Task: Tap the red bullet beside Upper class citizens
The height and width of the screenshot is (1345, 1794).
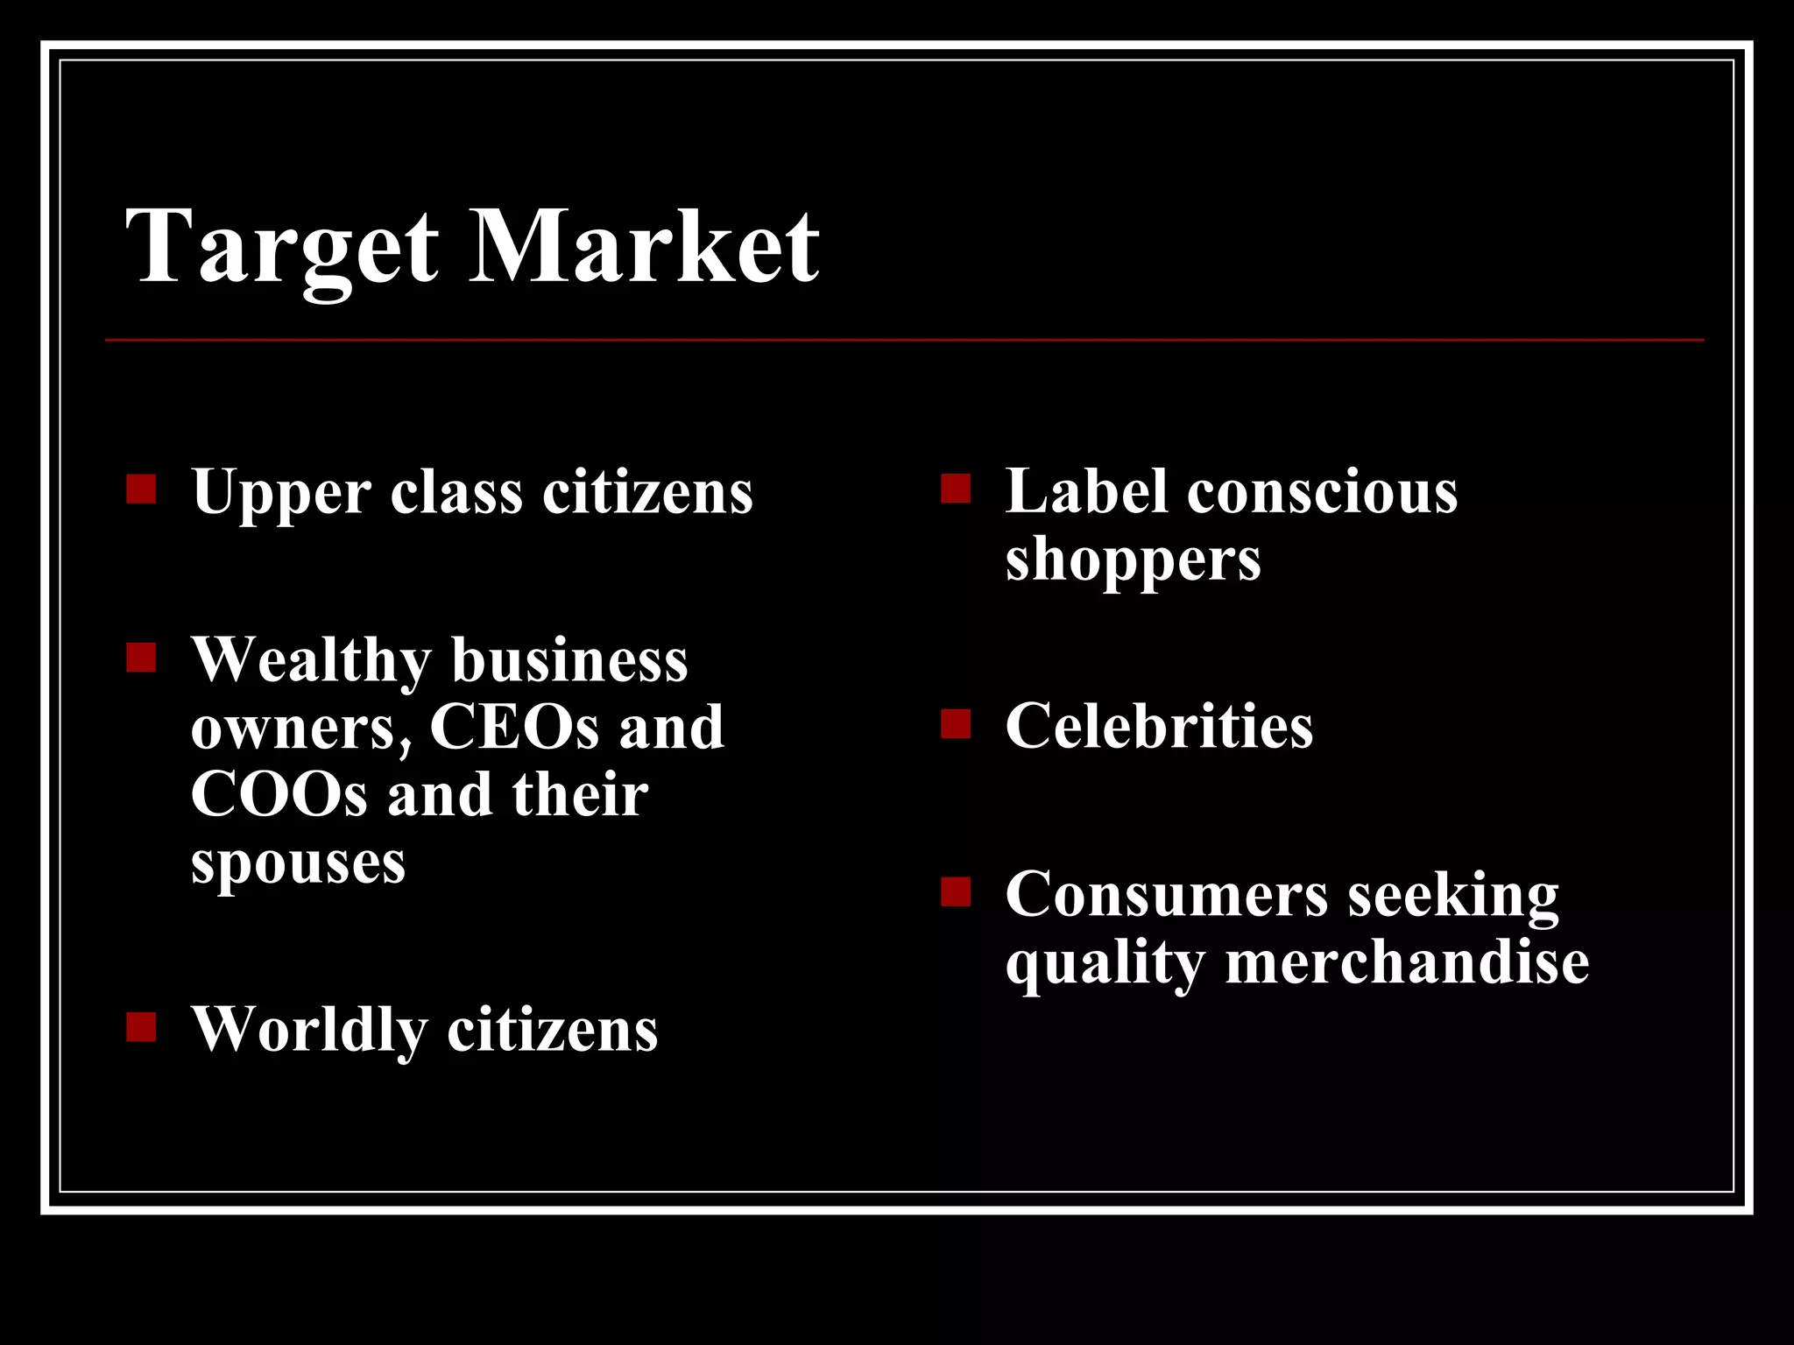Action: point(141,489)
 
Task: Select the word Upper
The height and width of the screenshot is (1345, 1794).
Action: point(281,493)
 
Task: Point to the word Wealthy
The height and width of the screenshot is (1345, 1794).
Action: point(311,661)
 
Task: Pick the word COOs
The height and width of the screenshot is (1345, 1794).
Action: point(279,794)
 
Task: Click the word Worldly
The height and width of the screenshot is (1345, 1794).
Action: point(309,1031)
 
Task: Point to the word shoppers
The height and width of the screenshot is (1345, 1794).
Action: point(1133,560)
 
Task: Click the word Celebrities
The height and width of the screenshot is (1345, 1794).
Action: point(1159,726)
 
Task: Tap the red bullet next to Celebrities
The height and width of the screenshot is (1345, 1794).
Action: point(956,725)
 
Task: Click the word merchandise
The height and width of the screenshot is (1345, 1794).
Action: point(1407,962)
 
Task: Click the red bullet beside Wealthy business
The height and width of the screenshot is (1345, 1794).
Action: point(141,658)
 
